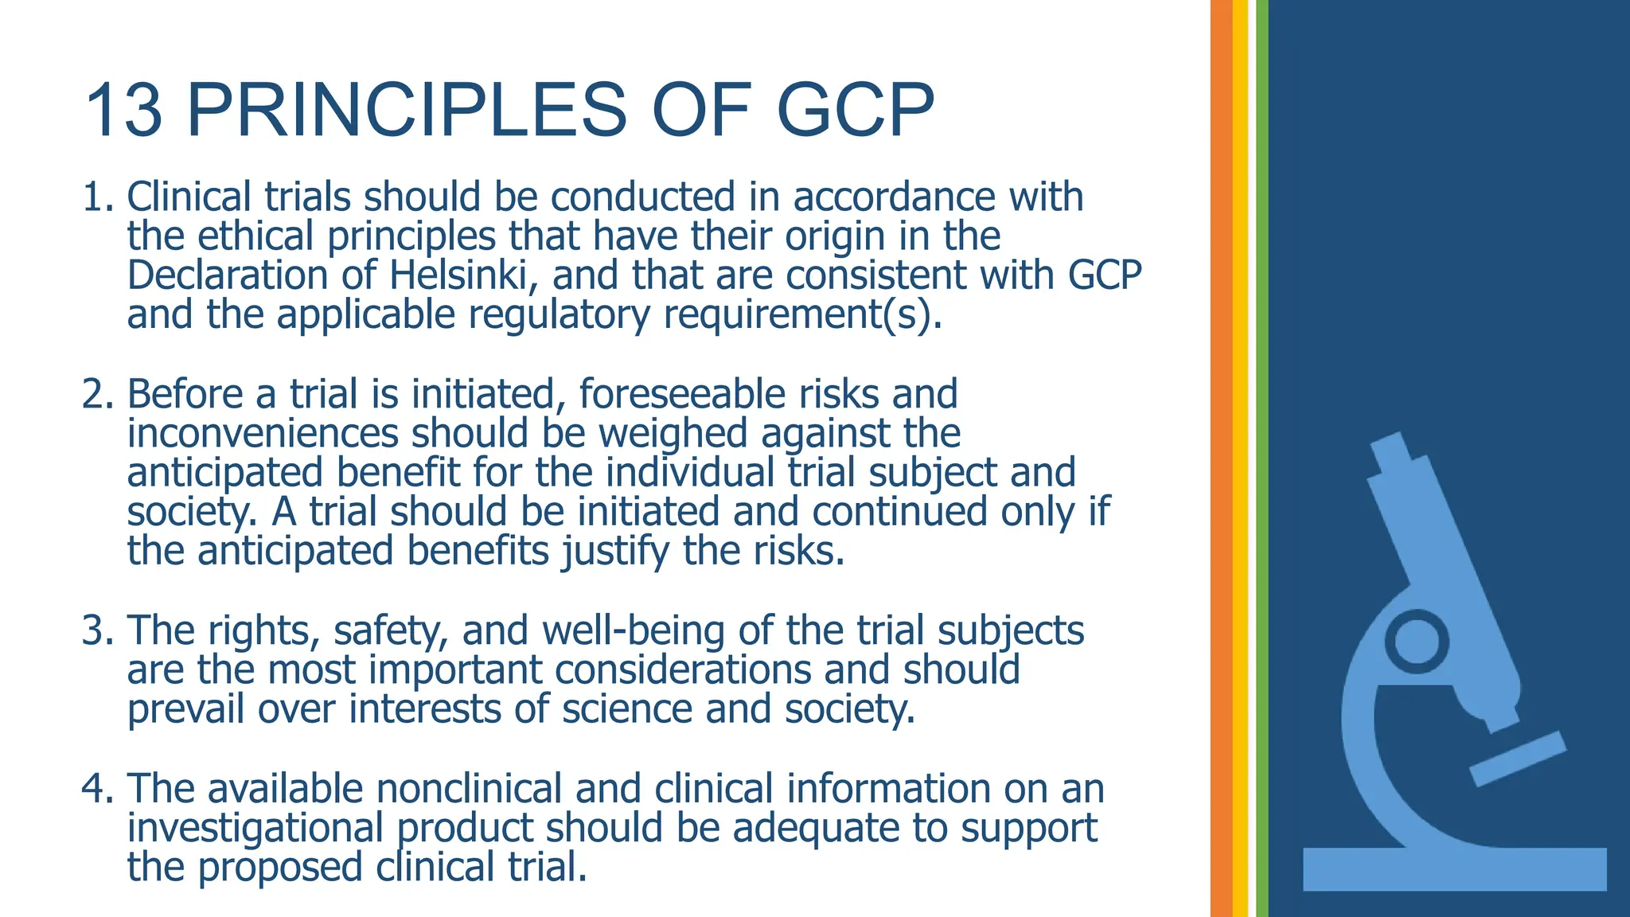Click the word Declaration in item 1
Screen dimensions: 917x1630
click(228, 276)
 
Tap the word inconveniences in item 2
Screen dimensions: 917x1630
click(263, 434)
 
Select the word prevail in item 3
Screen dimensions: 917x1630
click(185, 709)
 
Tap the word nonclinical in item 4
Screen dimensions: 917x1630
click(470, 789)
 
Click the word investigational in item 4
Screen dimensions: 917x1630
click(255, 828)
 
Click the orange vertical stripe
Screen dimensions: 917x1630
click(1221, 458)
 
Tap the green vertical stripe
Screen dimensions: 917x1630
click(1262, 458)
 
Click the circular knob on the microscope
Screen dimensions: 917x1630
click(1417, 641)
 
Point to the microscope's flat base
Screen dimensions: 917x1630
click(1454, 869)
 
